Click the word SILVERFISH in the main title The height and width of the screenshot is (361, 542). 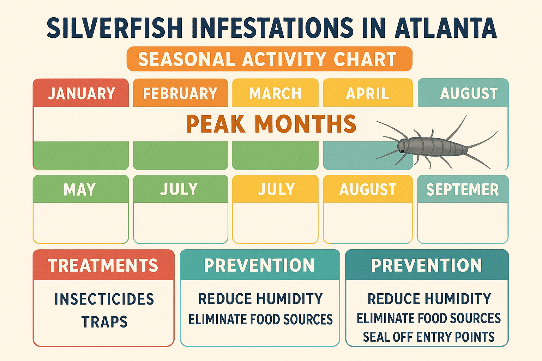tap(115, 27)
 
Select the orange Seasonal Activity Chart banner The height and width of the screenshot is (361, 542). tap(269, 59)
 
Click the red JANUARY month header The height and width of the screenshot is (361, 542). tap(81, 93)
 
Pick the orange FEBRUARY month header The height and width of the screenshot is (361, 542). tap(180, 93)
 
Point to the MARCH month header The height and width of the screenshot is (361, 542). tap(275, 93)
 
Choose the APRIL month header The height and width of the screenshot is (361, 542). tap(367, 93)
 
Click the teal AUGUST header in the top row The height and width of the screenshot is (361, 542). tap(469, 93)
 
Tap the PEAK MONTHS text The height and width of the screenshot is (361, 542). tap(271, 124)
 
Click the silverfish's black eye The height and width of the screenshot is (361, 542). tap(402, 151)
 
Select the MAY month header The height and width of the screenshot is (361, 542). tap(80, 190)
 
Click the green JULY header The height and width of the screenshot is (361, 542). tap(179, 190)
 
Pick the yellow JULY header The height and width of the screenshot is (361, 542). tap(276, 190)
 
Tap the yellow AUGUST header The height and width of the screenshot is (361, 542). tap(368, 190)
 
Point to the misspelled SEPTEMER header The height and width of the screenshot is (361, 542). tap(462, 190)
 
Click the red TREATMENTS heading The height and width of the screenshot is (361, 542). tap(103, 265)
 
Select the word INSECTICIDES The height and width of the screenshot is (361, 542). tap(104, 299)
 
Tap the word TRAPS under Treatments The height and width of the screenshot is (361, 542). tap(104, 322)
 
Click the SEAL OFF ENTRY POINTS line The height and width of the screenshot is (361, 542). tap(428, 337)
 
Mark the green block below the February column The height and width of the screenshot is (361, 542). tap(180, 155)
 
